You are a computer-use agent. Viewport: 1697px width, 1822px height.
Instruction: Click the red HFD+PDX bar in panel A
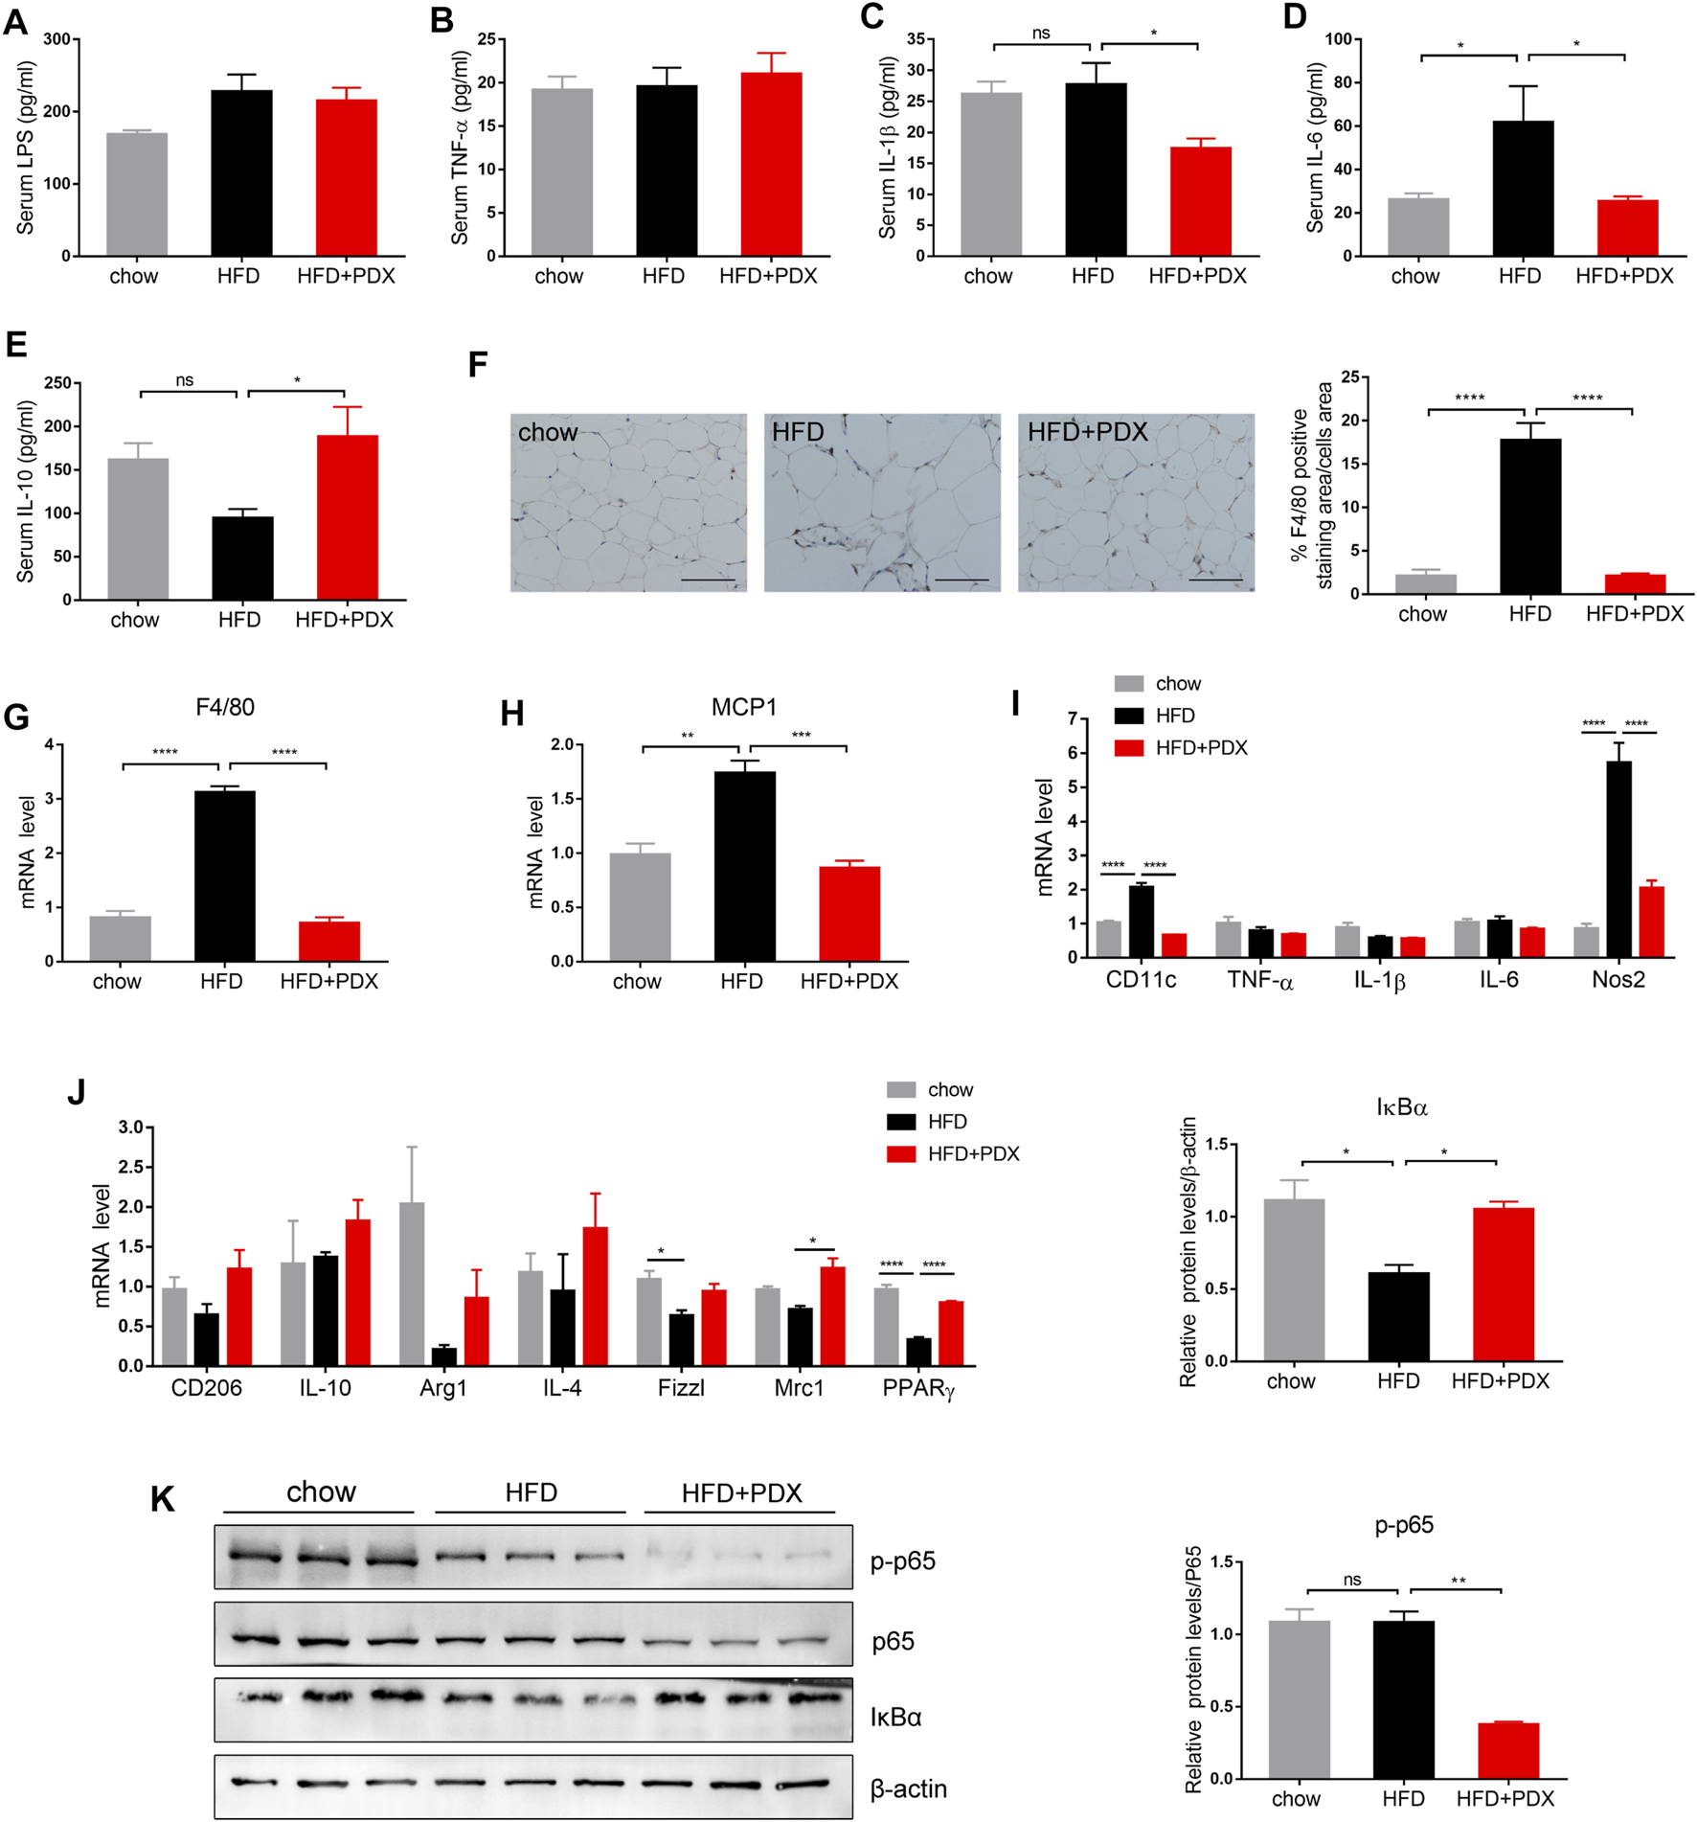point(346,178)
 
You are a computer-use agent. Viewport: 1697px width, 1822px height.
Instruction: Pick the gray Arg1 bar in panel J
point(412,1284)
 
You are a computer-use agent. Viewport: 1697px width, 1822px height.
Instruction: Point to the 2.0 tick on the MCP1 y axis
point(561,744)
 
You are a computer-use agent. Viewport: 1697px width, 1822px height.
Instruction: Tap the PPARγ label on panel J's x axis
point(918,1389)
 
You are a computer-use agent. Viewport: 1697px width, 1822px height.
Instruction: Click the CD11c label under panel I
point(1141,980)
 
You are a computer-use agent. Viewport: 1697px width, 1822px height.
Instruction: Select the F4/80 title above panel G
point(225,707)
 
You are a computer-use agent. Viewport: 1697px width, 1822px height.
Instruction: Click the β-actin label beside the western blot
point(908,1788)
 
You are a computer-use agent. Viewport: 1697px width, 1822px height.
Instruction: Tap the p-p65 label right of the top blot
point(902,1561)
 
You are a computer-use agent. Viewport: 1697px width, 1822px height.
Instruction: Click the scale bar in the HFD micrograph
point(961,580)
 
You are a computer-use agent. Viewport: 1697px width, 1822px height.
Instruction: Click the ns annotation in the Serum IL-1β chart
point(1041,34)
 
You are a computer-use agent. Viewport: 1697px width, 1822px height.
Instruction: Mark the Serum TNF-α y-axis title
point(460,148)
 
